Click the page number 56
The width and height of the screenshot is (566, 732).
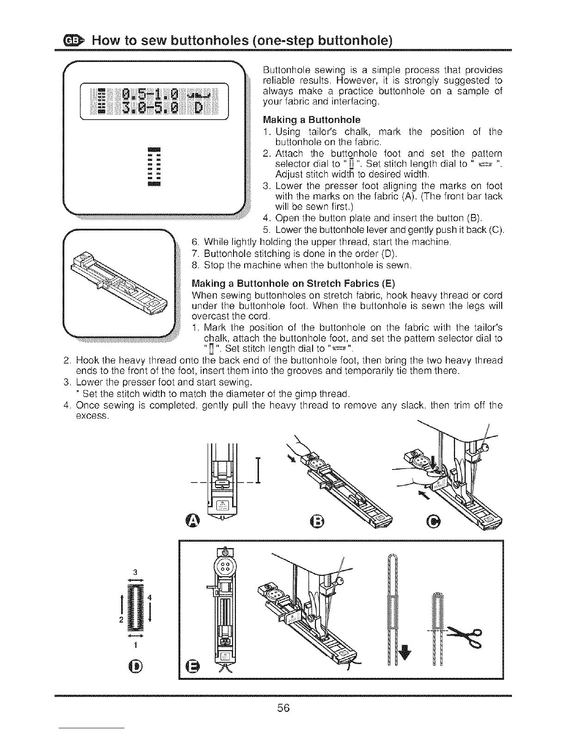pos(283,707)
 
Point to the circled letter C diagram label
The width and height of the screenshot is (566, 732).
pos(435,521)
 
